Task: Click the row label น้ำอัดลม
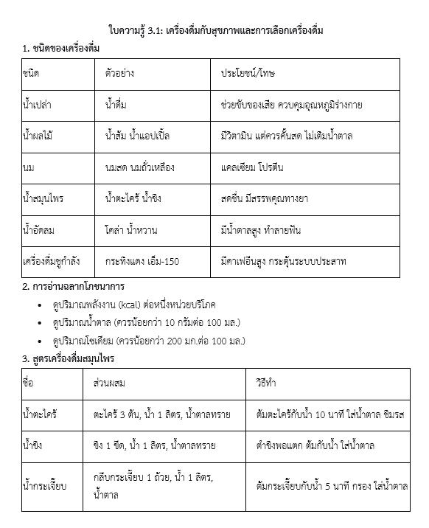pyautogui.click(x=41, y=230)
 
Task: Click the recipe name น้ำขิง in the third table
pyautogui.click(x=34, y=445)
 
